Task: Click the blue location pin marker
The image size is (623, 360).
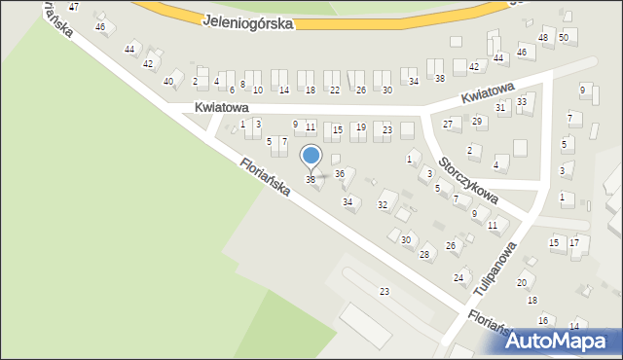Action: point(311,156)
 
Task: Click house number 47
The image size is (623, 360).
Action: point(74,7)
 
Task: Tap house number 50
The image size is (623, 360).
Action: point(563,37)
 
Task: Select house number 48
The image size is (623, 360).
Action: point(543,38)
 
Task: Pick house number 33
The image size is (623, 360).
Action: point(522,101)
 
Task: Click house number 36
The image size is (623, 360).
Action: point(340,174)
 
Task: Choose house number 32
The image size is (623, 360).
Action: point(383,205)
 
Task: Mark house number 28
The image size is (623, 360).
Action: point(424,255)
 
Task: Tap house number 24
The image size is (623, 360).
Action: point(458,278)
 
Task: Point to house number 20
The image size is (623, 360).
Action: point(522,283)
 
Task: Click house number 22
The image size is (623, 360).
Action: point(335,90)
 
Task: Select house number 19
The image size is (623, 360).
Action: point(360,127)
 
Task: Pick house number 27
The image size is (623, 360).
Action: point(448,125)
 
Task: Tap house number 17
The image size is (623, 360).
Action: point(574,242)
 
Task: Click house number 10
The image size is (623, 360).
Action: point(257,90)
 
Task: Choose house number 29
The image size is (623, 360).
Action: point(477,122)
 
